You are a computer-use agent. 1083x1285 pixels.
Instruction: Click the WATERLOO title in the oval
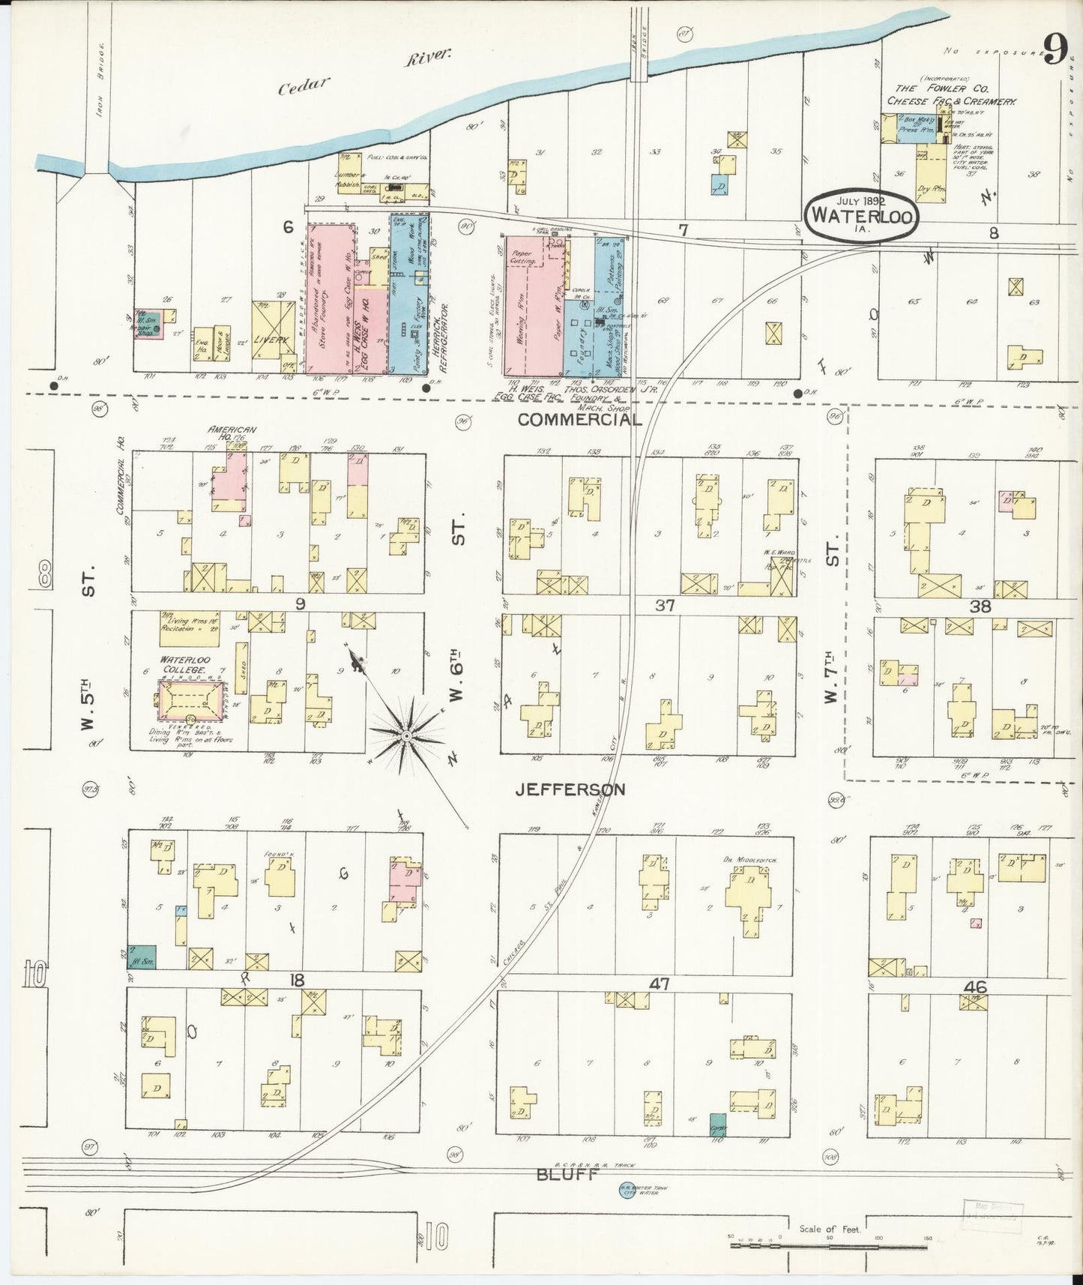click(x=861, y=214)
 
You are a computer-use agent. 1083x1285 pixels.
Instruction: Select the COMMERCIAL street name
click(x=580, y=420)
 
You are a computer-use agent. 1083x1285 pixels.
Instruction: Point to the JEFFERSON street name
click(x=570, y=789)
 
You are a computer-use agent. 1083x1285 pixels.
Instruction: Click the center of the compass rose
click(x=405, y=736)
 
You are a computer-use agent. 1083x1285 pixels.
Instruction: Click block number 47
click(x=660, y=984)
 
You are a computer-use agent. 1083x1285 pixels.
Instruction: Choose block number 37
click(x=665, y=605)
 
